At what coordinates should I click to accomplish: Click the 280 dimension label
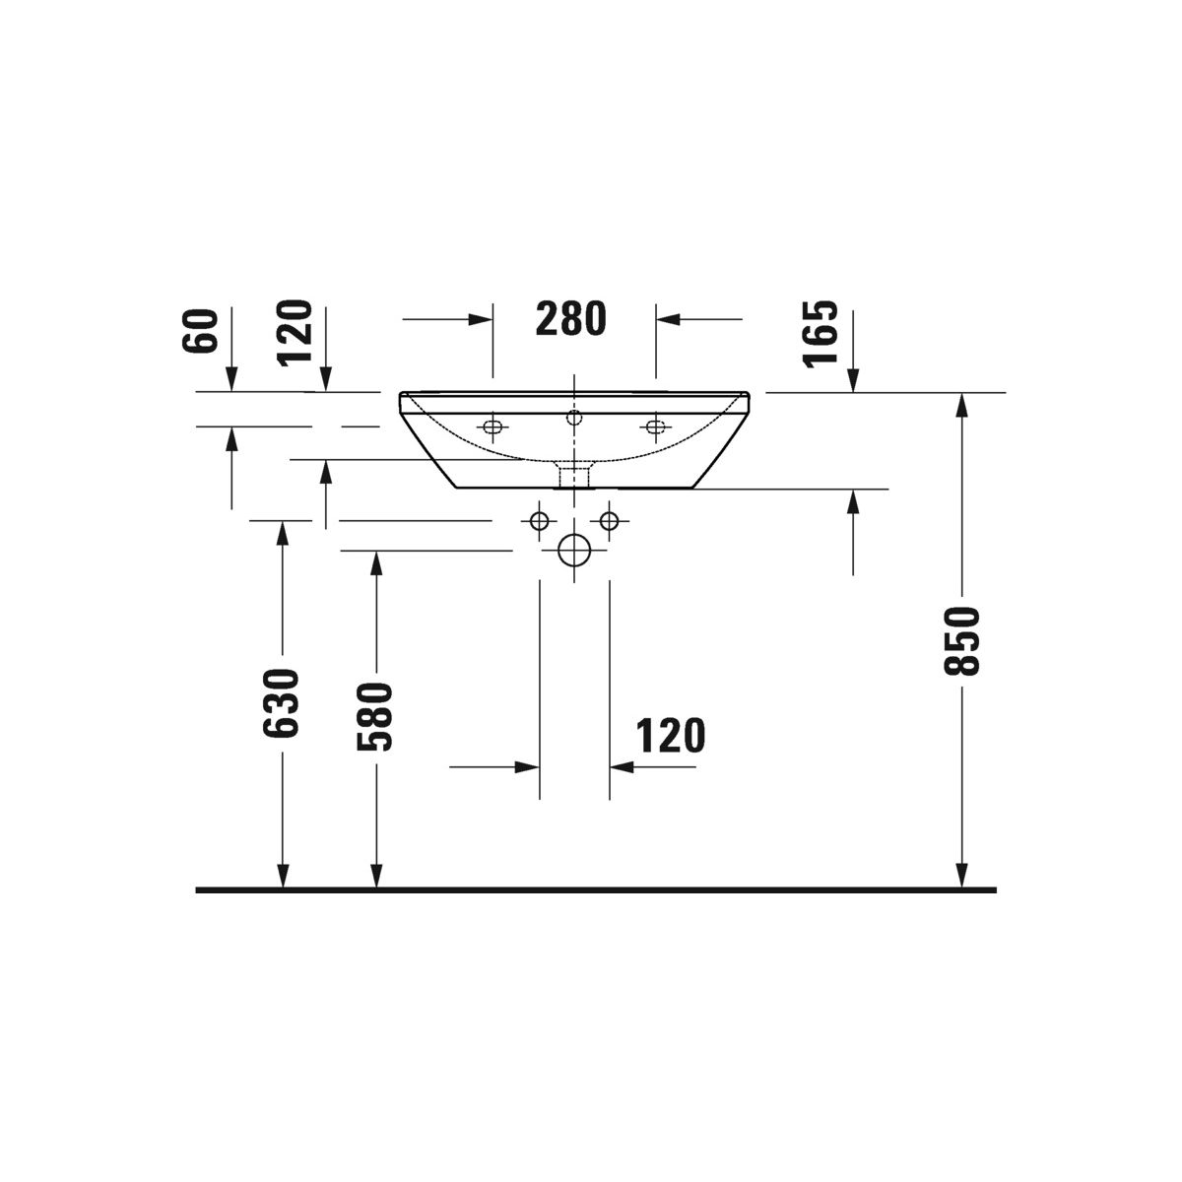click(x=570, y=318)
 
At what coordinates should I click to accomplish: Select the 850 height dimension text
click(x=961, y=641)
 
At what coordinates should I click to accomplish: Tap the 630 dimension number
click(x=281, y=703)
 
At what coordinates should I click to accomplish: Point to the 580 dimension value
click(x=374, y=716)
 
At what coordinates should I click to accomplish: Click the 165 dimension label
click(x=821, y=334)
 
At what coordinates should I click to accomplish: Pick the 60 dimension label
click(x=200, y=331)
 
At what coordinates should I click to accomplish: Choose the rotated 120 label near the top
click(x=295, y=334)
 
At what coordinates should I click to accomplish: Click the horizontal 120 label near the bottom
click(x=671, y=736)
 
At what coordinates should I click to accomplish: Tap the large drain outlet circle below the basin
click(x=574, y=551)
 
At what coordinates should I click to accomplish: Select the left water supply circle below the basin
click(x=539, y=521)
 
